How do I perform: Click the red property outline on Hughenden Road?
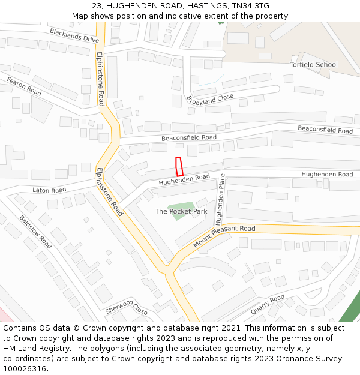tap(179, 166)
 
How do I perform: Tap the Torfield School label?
tap(313, 64)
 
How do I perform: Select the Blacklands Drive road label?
tap(74, 35)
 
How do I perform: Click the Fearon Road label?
tap(24, 86)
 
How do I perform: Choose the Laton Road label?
tap(49, 190)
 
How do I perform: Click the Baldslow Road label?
tap(35, 233)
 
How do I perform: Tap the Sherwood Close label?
tap(127, 308)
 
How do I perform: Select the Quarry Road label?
tap(268, 304)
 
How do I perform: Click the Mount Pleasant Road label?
tap(224, 236)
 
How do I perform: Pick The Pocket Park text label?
tap(180, 211)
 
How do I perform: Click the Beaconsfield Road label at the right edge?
tap(325, 130)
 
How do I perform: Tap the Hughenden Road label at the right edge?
tap(327, 174)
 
